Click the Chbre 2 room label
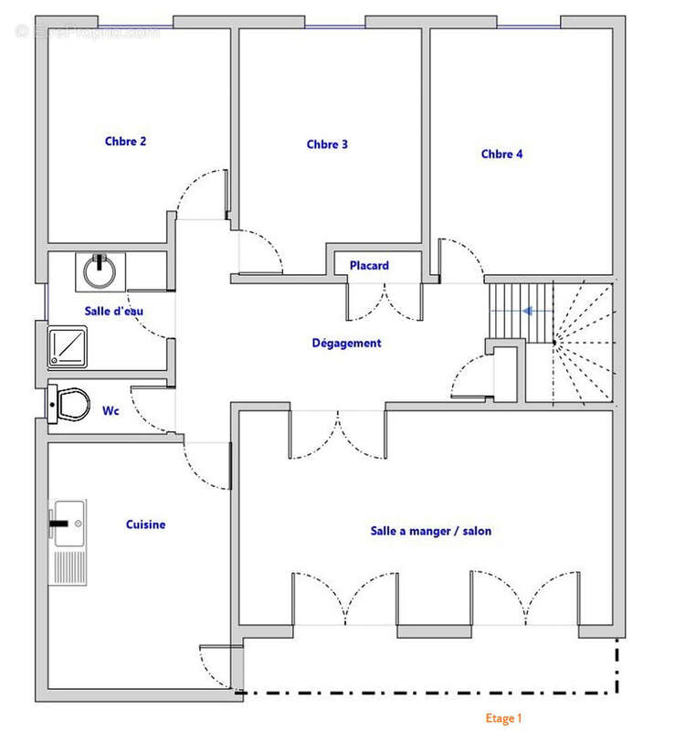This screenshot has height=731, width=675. pyautogui.click(x=125, y=142)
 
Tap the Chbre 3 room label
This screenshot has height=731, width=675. pyautogui.click(x=327, y=144)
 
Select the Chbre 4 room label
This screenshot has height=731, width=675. pyautogui.click(x=501, y=154)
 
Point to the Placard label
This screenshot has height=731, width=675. pyautogui.click(x=369, y=266)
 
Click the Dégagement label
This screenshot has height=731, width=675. pyautogui.click(x=346, y=344)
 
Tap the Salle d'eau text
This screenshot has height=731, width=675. pyautogui.click(x=113, y=312)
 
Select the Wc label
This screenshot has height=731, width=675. pyautogui.click(x=111, y=411)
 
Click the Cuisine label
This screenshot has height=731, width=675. pyautogui.click(x=145, y=524)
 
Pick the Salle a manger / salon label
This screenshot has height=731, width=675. pyautogui.click(x=430, y=530)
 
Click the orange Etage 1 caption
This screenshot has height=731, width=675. pyautogui.click(x=503, y=719)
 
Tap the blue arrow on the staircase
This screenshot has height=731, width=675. pyautogui.click(x=527, y=311)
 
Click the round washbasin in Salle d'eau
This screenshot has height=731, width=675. pyautogui.click(x=97, y=270)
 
